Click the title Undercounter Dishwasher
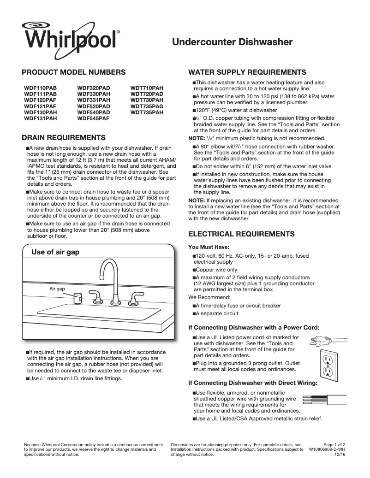(232, 42)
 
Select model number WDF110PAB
(41, 88)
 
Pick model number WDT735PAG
(147, 106)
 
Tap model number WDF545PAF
(94, 118)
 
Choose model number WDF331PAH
(94, 100)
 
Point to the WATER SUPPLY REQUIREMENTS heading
(247, 72)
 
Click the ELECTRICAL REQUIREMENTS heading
(243, 234)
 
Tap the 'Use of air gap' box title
(55, 252)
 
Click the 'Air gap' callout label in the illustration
(57, 288)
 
